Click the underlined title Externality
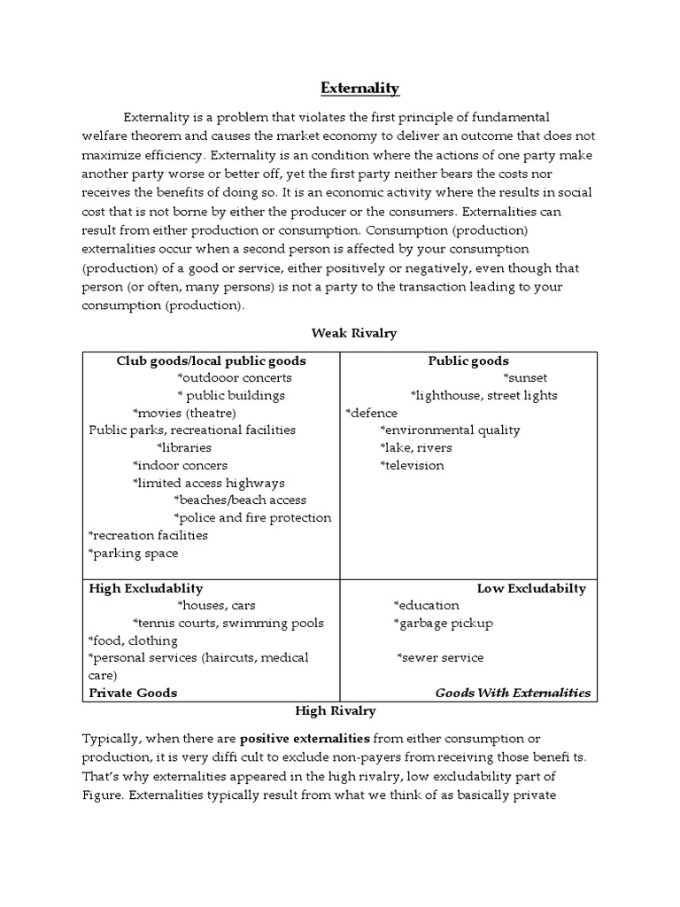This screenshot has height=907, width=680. click(x=359, y=88)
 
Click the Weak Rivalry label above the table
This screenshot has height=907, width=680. click(x=353, y=333)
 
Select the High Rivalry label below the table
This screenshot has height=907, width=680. click(x=336, y=710)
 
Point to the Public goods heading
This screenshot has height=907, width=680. click(x=468, y=360)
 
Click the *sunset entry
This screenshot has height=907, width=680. click(x=526, y=378)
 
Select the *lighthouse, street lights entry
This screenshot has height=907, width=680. click(x=483, y=395)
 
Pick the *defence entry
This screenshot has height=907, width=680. click(x=371, y=413)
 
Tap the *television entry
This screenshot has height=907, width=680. click(x=412, y=465)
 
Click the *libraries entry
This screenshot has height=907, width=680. click(x=184, y=447)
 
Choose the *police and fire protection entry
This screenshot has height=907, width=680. click(x=252, y=517)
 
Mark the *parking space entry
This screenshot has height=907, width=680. click(x=134, y=553)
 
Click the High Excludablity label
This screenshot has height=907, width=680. click(x=146, y=588)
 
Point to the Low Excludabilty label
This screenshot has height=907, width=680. click(x=531, y=588)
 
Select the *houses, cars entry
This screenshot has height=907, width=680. click(x=216, y=606)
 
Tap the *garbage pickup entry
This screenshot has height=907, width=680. click(x=443, y=623)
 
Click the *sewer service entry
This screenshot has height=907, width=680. click(x=440, y=657)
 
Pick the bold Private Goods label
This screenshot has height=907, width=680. click(x=133, y=693)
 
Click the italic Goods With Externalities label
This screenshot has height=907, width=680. click(x=513, y=693)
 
